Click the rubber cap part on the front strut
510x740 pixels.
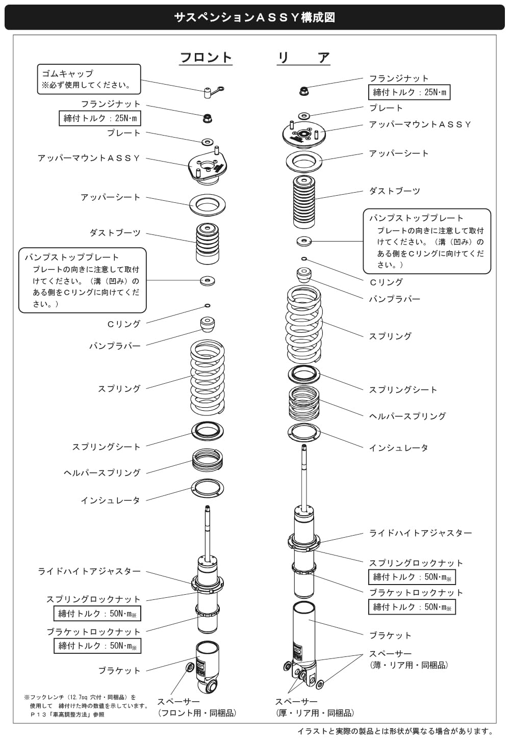212,92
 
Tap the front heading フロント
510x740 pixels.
206,58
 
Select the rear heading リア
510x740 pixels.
303,58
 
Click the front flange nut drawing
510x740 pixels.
208,118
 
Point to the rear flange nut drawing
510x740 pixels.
303,91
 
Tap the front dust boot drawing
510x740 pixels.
207,244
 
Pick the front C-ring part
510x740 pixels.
207,305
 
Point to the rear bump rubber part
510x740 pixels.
304,275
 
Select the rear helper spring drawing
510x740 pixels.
304,402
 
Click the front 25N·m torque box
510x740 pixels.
100,118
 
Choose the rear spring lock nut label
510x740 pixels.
416,563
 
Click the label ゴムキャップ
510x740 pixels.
67,73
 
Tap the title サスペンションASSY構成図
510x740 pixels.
254,17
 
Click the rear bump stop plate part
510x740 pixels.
304,241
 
